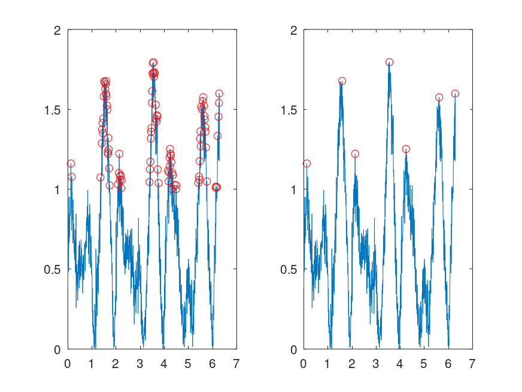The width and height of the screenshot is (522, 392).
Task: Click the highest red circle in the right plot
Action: pos(389,62)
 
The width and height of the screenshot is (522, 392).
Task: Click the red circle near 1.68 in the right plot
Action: pos(342,81)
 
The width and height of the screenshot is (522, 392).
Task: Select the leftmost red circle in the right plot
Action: pos(306,164)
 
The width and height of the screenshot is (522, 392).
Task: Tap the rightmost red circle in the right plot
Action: pos(455,94)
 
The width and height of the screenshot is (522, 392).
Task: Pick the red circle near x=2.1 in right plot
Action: pos(355,154)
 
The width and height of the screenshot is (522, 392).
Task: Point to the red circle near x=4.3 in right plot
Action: pos(406,149)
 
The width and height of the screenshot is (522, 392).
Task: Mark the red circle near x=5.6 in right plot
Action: pos(439,97)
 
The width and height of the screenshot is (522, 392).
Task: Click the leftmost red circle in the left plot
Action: pos(71,164)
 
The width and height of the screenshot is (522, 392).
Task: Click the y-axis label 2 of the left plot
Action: pos(58,30)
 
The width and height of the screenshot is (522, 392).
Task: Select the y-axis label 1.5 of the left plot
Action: pos(54,110)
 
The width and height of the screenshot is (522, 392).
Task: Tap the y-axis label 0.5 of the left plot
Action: pos(54,269)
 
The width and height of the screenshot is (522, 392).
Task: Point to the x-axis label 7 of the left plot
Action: pos(236,363)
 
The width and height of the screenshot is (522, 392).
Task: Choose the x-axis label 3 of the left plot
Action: pos(139,363)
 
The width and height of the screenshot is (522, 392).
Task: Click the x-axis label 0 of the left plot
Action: pos(68,363)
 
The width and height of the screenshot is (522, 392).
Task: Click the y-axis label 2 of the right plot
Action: pos(294,30)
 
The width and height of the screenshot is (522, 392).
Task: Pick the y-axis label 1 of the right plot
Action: pos(294,189)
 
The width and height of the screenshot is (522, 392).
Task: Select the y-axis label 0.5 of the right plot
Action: pos(290,269)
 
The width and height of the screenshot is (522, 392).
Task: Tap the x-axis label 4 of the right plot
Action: pos(400,363)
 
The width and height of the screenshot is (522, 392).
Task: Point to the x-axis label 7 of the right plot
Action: pos(472,363)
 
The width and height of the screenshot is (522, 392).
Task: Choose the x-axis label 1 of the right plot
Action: pos(327,363)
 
